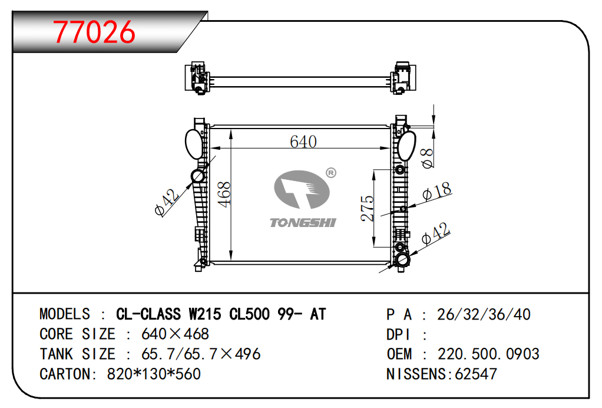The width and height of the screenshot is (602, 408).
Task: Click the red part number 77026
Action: click(94, 32)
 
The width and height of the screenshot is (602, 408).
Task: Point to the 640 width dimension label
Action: click(303, 142)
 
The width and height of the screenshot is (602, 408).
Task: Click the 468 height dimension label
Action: click(224, 195)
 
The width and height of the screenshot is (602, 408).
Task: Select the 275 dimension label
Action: click(367, 209)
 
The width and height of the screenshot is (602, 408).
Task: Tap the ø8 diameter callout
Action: click(427, 158)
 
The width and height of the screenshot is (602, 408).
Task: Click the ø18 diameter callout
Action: click(436, 191)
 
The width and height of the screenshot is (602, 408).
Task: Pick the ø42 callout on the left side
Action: click(167, 202)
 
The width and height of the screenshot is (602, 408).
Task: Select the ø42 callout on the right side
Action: click(435, 233)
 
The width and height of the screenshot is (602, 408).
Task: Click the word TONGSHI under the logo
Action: click(303, 223)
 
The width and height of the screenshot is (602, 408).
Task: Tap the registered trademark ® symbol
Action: click(331, 173)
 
